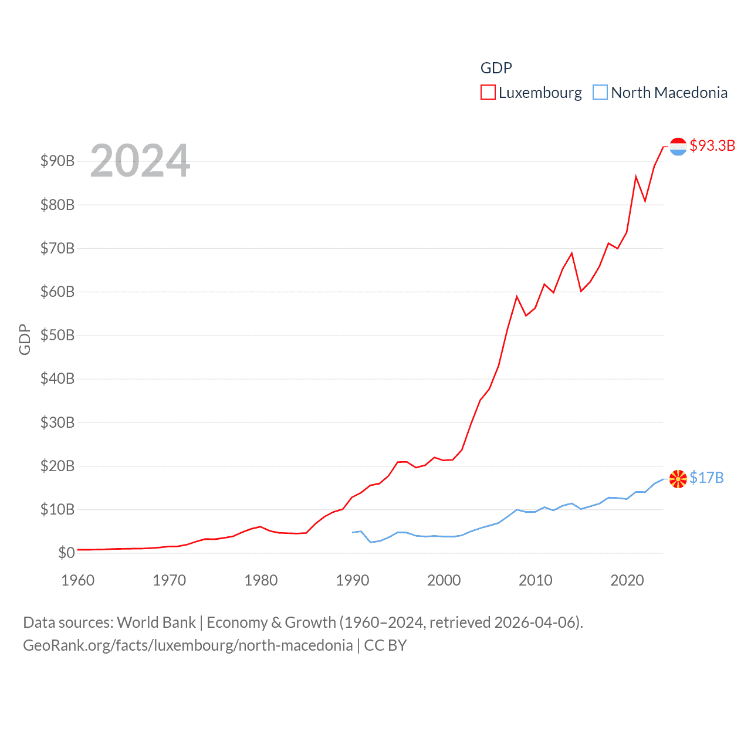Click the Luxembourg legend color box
(488, 93)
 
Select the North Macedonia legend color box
(600, 93)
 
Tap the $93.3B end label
(712, 146)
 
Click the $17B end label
(706, 478)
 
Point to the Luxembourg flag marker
(678, 147)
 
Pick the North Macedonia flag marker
(678, 479)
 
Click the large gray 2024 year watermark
(140, 161)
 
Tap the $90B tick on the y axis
(57, 161)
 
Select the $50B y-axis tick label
(57, 336)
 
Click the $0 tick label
(66, 553)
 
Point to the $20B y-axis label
(57, 466)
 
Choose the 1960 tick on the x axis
(78, 580)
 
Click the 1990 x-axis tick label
(353, 580)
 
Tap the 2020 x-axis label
(627, 580)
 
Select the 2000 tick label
(444, 580)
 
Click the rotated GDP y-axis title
(25, 339)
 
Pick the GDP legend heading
(496, 68)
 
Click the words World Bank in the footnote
(157, 623)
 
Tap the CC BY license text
(385, 645)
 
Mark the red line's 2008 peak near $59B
(517, 297)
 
